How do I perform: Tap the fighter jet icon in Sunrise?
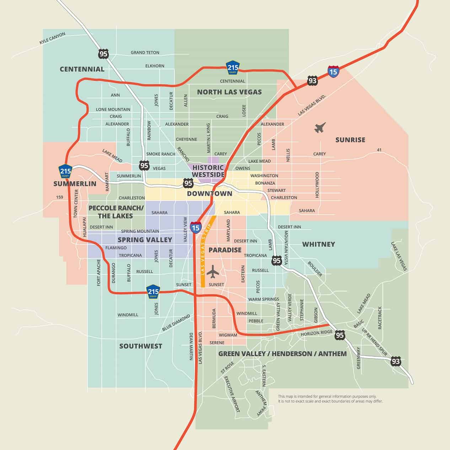coord(320,127)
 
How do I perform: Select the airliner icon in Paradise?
coord(213,272)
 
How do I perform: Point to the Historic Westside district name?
coord(208,171)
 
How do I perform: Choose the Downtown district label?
coord(209,194)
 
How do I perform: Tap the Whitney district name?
coord(318,244)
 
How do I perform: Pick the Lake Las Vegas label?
coord(398,257)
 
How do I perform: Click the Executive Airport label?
coord(232,394)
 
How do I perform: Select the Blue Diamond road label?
coord(176,323)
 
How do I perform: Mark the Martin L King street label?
coord(209,138)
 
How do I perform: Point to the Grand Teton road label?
coord(145,53)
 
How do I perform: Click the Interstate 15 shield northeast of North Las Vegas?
coord(333,71)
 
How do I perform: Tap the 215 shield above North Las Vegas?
coord(233,67)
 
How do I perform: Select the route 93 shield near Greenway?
coord(396,361)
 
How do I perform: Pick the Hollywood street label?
coord(317,185)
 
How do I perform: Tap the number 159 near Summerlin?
coord(60,197)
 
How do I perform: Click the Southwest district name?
coord(141,346)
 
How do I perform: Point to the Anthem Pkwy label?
coord(261,403)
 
